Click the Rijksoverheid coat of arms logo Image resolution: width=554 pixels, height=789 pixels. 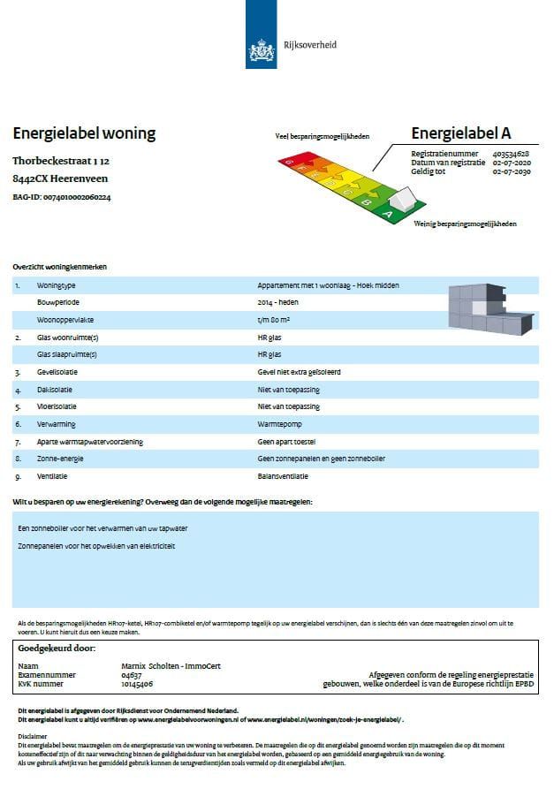tap(262, 49)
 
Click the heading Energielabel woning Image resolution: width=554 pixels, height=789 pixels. tap(84, 133)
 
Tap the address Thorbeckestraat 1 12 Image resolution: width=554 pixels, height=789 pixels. tap(61, 162)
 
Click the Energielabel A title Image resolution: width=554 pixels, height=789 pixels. tap(461, 133)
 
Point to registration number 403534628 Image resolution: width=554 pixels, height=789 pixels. tap(512, 154)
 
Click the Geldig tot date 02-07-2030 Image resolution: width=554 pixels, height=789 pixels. tap(512, 172)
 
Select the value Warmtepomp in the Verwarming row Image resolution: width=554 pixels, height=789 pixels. tap(278, 424)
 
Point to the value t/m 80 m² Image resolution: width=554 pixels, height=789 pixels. tap(276, 320)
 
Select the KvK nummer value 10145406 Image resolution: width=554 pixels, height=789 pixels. tap(137, 684)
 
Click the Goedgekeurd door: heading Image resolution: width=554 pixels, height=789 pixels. tap(56, 649)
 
